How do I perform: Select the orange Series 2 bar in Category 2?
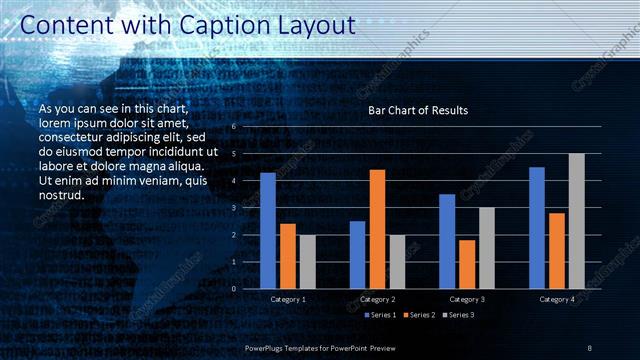(x=377, y=229)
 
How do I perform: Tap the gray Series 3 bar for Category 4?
(x=576, y=221)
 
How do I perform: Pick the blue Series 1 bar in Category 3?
(x=447, y=241)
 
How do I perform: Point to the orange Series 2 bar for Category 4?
(x=557, y=250)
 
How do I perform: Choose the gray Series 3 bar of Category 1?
(x=307, y=262)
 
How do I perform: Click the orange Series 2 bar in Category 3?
(x=467, y=264)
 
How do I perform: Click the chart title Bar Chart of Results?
(x=418, y=110)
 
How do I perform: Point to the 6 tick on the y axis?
(x=233, y=127)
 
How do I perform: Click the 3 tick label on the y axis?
(x=233, y=208)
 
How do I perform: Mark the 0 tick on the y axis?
(x=233, y=289)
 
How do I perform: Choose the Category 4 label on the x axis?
(x=557, y=299)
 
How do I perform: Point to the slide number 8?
(x=590, y=346)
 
